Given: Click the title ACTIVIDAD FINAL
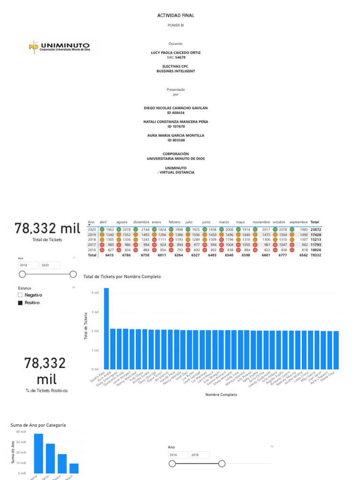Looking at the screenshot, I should tap(176, 15).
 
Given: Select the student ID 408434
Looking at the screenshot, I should tap(176, 113).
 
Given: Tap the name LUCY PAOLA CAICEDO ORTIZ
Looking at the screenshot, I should tap(176, 52).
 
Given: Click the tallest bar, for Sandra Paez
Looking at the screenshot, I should tap(106, 328).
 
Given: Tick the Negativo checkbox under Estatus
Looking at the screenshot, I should tap(20, 295).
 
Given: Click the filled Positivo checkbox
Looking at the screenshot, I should tap(20, 303).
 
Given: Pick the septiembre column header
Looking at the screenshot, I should tap(298, 222).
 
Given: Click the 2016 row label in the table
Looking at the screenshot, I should tap(92, 250).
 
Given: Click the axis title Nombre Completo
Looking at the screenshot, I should tap(221, 395).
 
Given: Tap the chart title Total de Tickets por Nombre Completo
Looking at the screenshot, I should tap(122, 277).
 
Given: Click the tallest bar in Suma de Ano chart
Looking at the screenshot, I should tap(38, 453).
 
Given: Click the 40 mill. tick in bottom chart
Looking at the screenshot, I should tap(21, 432).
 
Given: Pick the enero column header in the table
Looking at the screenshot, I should tap(156, 222).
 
